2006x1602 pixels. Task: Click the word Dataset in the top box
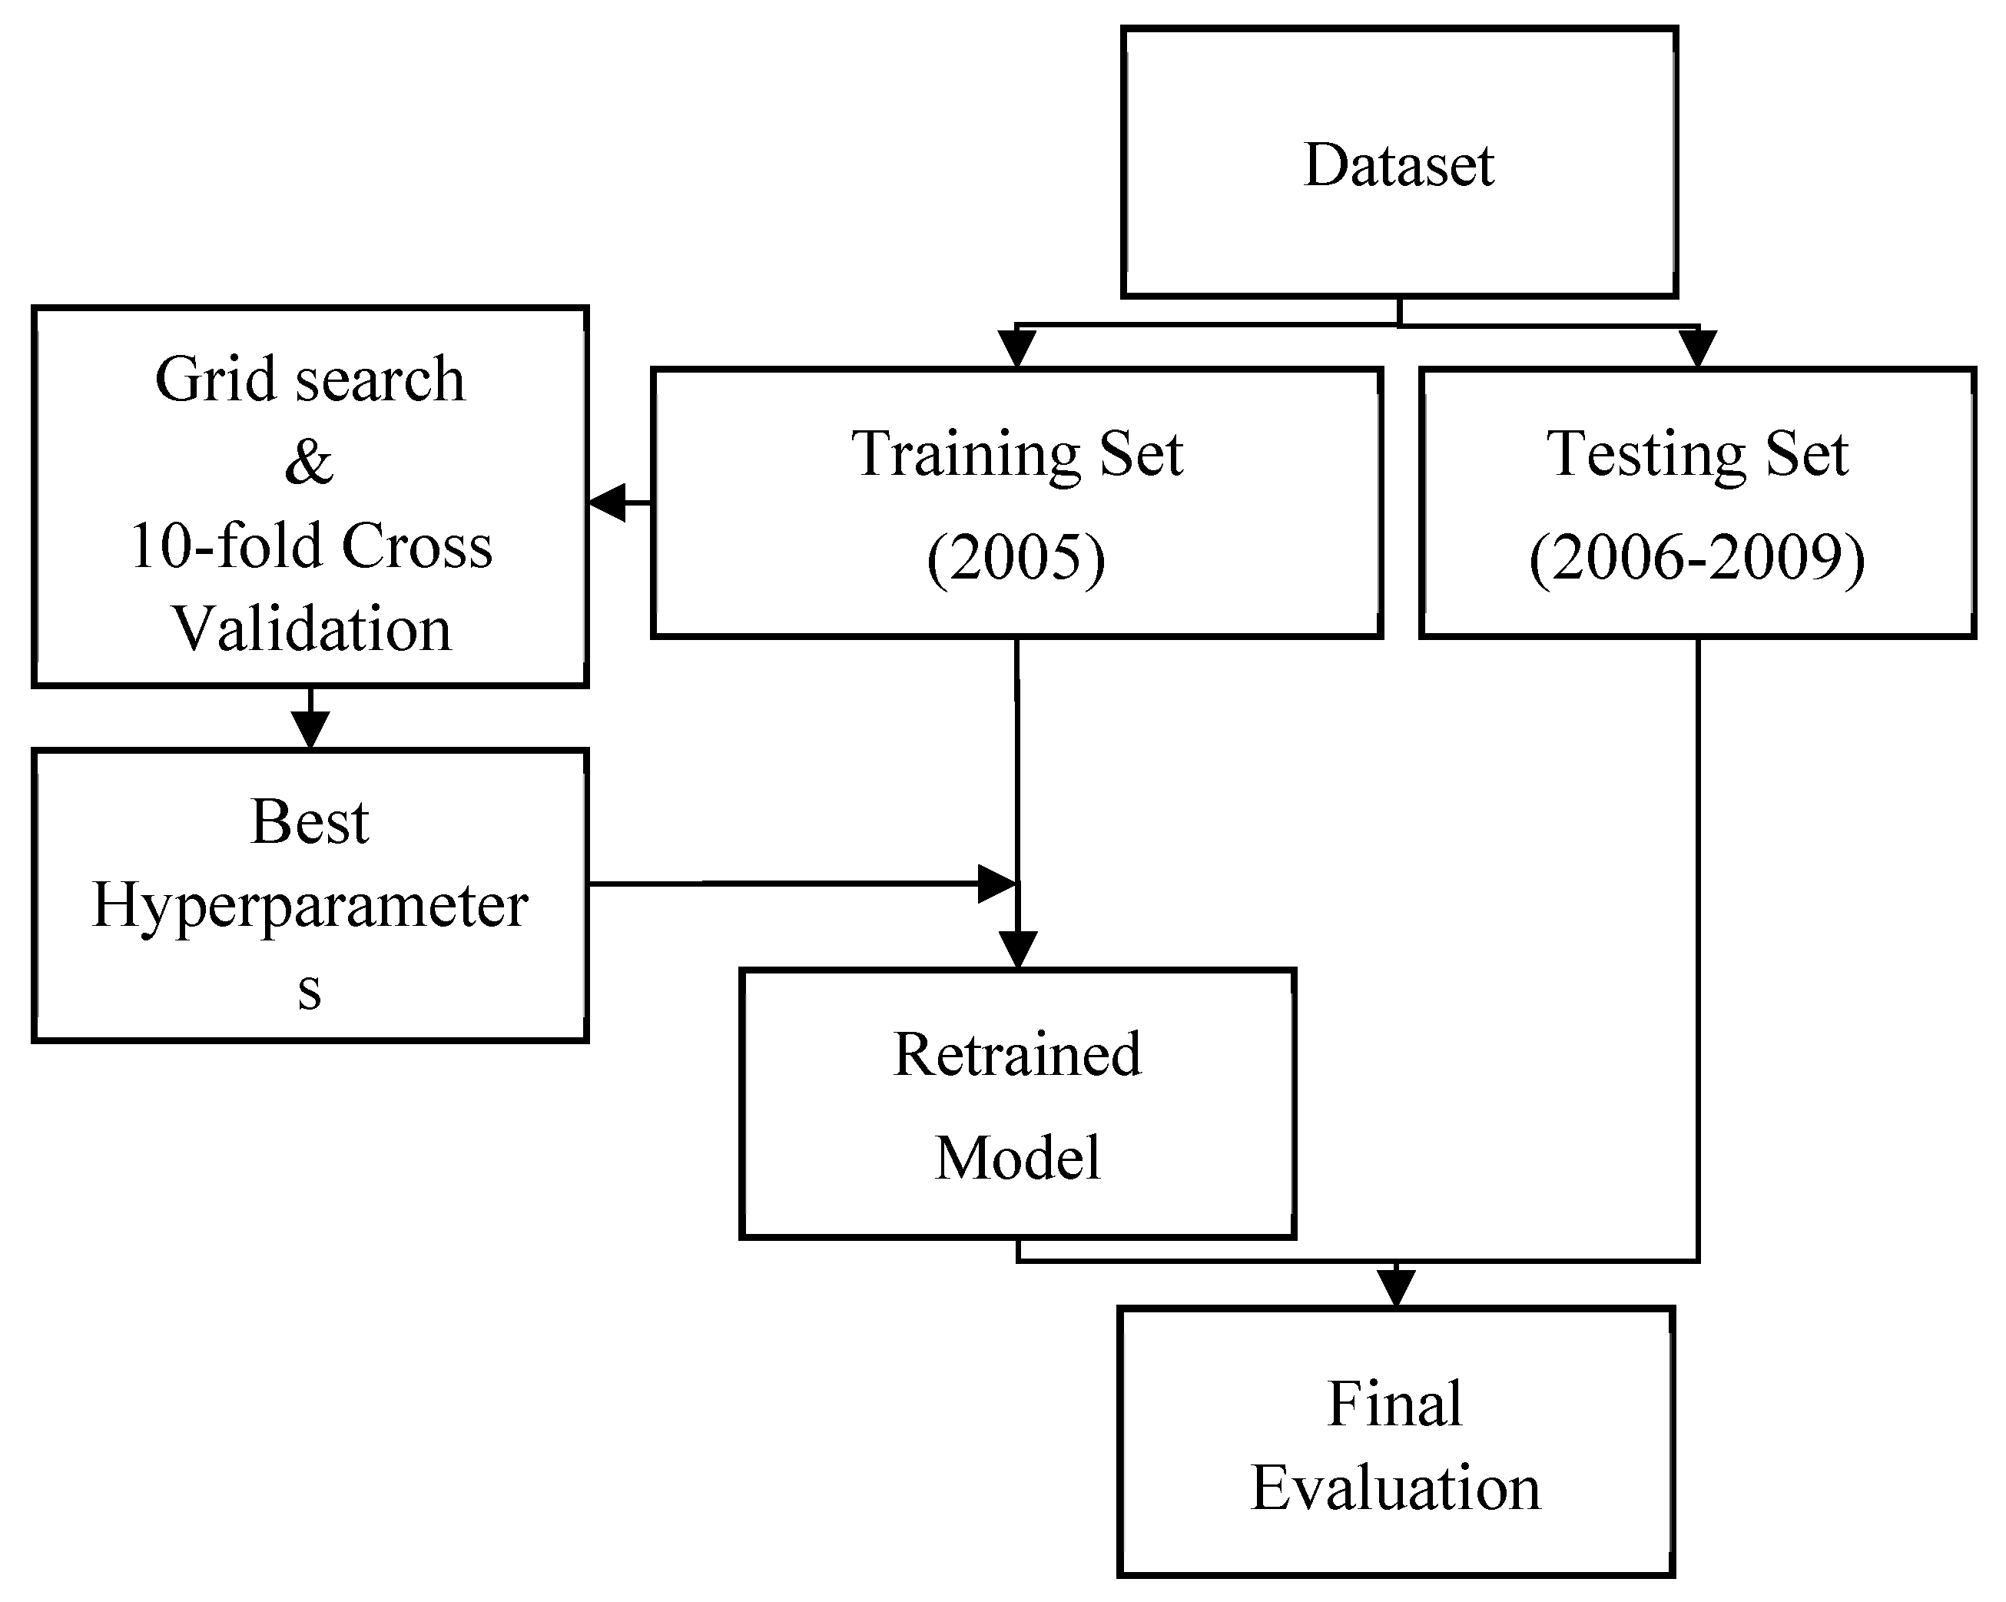[1398, 166]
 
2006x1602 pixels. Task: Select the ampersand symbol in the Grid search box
[309, 463]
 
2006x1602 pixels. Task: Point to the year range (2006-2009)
[1697, 558]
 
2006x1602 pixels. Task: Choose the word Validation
[312, 629]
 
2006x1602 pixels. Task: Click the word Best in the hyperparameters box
[310, 822]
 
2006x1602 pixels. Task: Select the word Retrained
[1017, 1055]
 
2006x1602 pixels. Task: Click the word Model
[1017, 1158]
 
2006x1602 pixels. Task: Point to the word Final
[1394, 1404]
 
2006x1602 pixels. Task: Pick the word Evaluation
[1394, 1488]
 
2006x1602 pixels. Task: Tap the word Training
[965, 455]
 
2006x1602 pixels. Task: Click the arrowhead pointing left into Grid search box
[607, 503]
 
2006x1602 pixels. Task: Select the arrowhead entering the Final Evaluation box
[1396, 1288]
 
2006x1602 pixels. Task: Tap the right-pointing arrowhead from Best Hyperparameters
[996, 883]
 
